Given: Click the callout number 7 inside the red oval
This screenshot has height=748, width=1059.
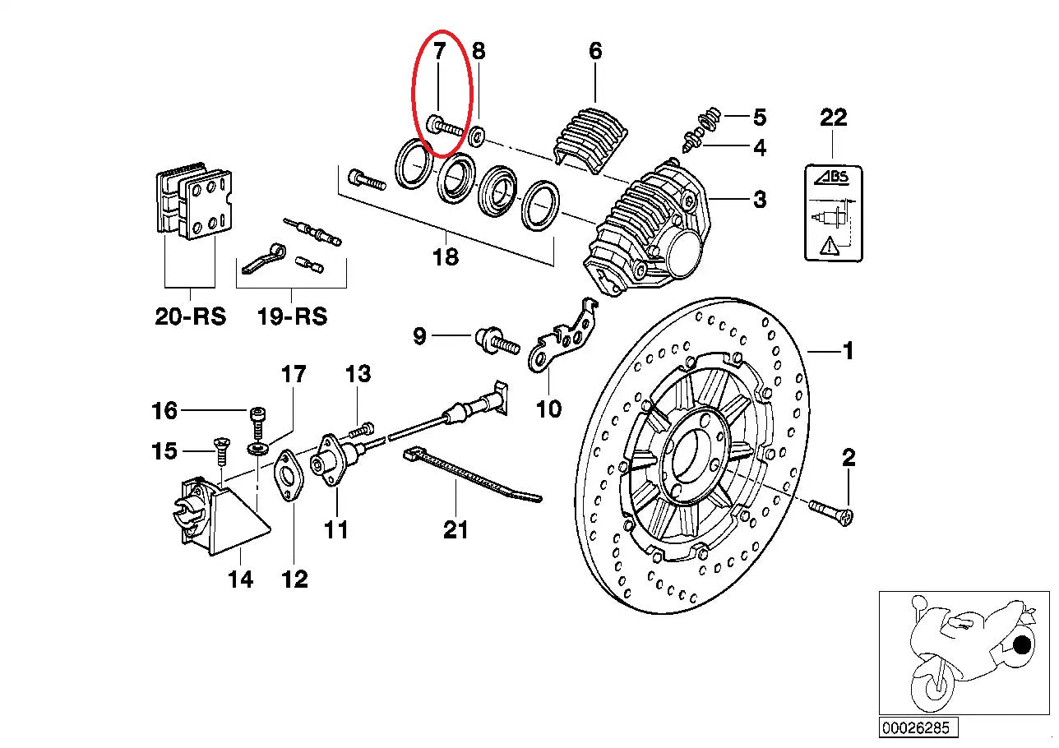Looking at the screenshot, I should [439, 52].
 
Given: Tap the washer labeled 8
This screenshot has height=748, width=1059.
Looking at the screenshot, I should [476, 132].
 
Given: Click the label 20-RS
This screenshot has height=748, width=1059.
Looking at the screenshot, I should [190, 316].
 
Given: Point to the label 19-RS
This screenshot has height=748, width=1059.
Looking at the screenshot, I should [291, 316].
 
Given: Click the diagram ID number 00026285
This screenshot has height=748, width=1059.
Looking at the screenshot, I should [906, 728].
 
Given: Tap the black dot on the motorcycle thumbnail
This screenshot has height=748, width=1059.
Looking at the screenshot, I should [1022, 645].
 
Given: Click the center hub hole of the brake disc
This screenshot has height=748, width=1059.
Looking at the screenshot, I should [694, 456].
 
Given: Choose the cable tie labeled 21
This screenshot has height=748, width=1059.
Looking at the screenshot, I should [469, 478].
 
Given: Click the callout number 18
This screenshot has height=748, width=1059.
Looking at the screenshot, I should [445, 257].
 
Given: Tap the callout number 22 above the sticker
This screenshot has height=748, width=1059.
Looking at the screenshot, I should [833, 118].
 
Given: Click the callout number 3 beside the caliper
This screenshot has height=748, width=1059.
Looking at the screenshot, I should [759, 199].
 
